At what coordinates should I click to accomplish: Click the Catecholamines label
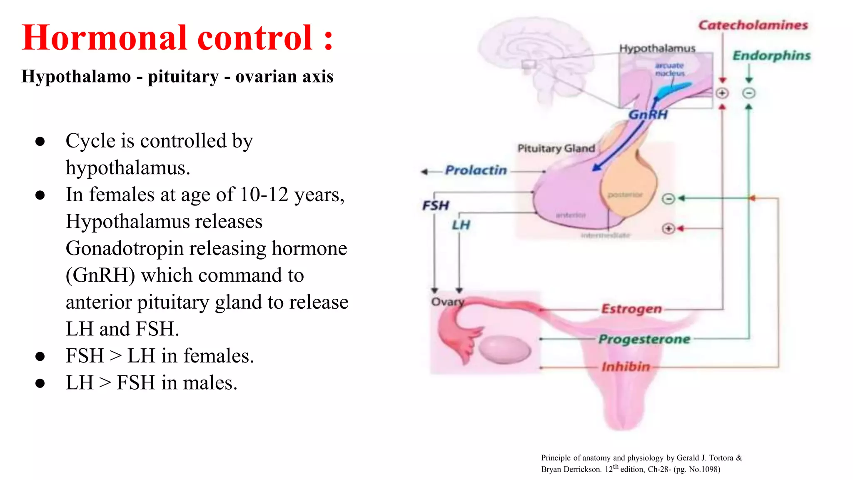[x=753, y=25]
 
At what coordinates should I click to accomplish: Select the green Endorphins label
[x=771, y=56]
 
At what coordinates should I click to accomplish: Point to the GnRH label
[x=648, y=115]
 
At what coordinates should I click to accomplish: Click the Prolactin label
[x=476, y=170]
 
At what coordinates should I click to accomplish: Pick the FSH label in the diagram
[x=436, y=205]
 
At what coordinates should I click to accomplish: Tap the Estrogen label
[x=631, y=309]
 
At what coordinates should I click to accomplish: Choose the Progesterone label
[x=644, y=339]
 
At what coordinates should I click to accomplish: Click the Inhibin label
[x=626, y=367]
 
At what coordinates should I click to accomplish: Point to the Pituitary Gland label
[x=556, y=148]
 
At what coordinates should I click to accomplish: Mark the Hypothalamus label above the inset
[x=657, y=49]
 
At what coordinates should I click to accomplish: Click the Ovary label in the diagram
[x=447, y=302]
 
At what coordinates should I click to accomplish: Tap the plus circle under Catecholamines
[x=722, y=93]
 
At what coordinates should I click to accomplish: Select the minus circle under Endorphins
[x=749, y=93]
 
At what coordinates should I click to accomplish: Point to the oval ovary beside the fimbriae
[x=504, y=349]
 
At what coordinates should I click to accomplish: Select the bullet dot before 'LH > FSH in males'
[x=40, y=383]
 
